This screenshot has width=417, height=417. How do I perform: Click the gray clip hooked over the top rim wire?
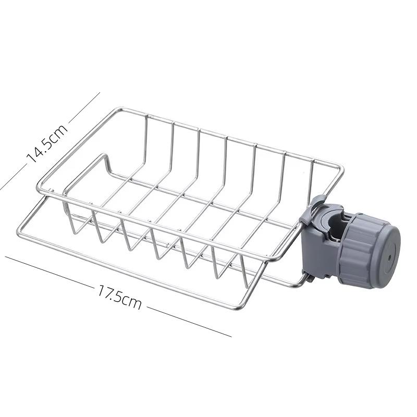(x=311, y=210)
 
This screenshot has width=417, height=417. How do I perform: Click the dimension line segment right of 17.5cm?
(x=189, y=322)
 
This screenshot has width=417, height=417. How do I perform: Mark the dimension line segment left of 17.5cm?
(x=49, y=272)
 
